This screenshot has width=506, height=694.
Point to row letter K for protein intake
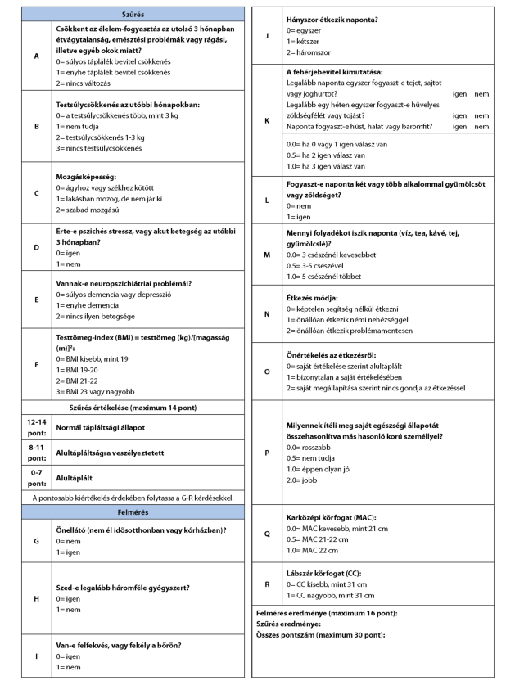267,120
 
